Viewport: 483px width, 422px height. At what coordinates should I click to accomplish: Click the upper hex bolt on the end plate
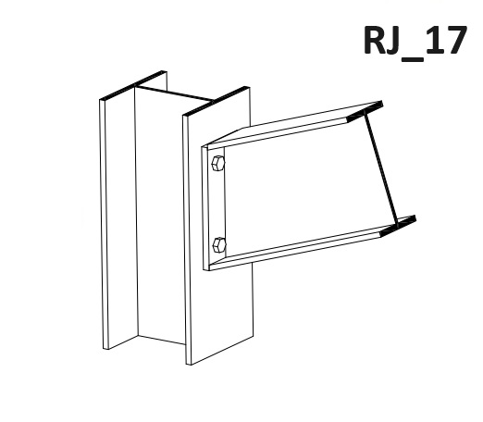[218, 163]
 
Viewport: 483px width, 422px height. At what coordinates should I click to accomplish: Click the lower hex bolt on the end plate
[219, 245]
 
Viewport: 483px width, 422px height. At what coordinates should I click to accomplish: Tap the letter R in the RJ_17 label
[377, 41]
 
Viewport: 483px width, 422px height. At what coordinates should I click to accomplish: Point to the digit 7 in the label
[454, 41]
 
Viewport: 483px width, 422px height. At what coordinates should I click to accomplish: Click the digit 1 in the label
[431, 41]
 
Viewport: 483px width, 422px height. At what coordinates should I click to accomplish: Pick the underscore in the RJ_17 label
[413, 59]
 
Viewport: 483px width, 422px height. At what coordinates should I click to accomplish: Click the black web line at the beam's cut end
[381, 168]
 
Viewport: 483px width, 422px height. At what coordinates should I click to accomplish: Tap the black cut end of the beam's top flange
[365, 111]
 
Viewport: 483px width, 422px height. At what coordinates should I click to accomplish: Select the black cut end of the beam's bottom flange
[398, 226]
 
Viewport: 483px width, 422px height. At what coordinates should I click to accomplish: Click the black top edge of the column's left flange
[133, 85]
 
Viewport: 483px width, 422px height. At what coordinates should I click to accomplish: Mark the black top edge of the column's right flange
[217, 101]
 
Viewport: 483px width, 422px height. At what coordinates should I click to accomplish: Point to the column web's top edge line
[174, 93]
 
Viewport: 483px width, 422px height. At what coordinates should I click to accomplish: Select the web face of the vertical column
[160, 216]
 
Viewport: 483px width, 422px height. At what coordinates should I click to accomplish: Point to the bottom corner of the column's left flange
[105, 349]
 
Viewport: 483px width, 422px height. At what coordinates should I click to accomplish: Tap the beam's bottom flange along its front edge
[296, 250]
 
